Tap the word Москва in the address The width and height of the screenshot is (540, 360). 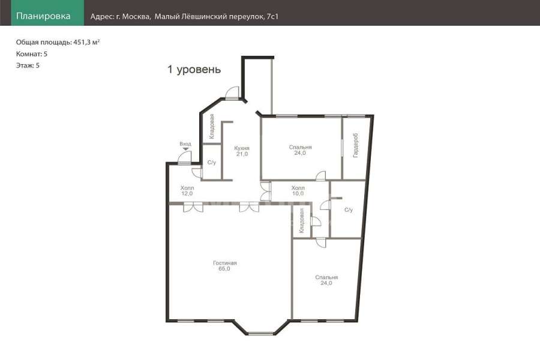pos(136,17)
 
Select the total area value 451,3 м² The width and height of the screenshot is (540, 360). pos(86,43)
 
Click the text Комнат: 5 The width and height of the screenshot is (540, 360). pos(32,54)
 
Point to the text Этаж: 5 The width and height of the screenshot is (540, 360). pos(28,65)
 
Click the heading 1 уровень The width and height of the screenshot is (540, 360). pos(194,69)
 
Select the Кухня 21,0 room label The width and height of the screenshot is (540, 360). pos(242,151)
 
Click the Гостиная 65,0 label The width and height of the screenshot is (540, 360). pos(224,266)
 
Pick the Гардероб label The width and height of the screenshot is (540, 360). pos(356,145)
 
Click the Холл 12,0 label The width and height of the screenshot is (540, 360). pos(187,191)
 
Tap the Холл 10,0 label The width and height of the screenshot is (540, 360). pos(298,191)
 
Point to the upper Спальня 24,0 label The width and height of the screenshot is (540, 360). pos(300,150)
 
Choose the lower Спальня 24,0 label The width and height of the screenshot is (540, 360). pos(326,280)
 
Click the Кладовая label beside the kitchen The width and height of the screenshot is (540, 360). pos(212,127)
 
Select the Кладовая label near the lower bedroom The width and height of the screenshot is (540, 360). pos(302,220)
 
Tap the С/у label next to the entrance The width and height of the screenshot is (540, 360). pos(212,162)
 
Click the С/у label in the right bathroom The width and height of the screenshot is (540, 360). pos(349,210)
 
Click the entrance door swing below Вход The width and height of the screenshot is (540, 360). pos(184,157)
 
